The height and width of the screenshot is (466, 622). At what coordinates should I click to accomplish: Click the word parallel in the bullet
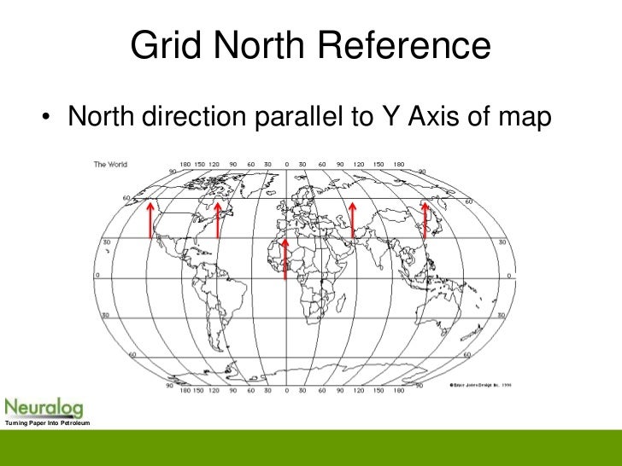(300, 119)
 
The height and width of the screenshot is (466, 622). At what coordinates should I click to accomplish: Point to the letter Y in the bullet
(384, 119)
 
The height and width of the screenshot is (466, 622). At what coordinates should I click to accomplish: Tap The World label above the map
(110, 164)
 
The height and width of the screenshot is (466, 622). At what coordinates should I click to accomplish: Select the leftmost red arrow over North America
(150, 219)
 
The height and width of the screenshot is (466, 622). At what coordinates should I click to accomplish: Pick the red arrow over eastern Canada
(218, 219)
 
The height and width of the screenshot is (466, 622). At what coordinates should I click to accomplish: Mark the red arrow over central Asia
(353, 219)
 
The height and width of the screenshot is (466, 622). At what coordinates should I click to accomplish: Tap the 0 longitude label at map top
(287, 164)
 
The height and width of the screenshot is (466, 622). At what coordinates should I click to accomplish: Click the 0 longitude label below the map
(287, 392)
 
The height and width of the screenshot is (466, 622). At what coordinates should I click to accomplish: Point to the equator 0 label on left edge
(97, 276)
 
